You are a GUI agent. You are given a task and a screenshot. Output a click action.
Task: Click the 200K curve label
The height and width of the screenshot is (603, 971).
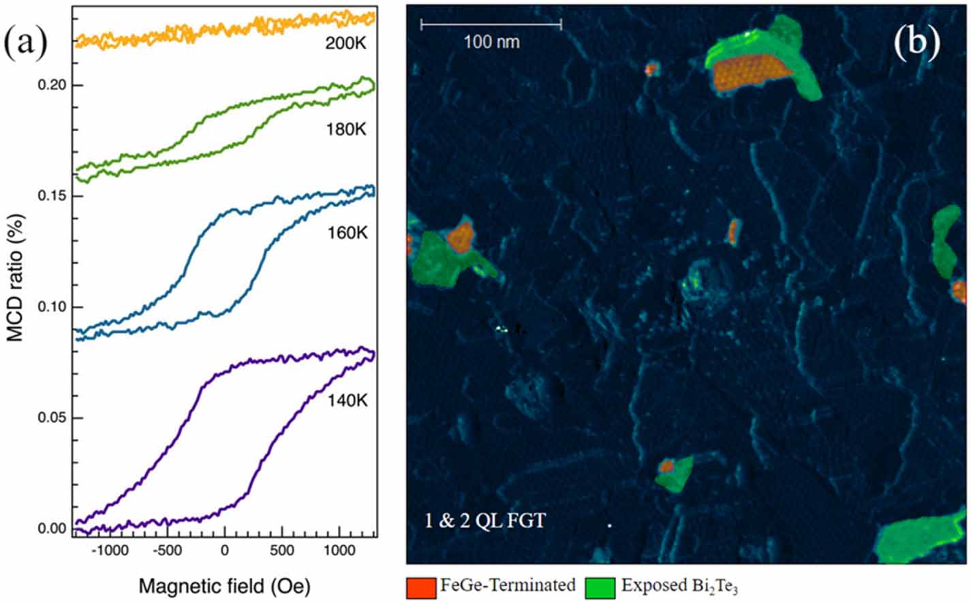(x=345, y=43)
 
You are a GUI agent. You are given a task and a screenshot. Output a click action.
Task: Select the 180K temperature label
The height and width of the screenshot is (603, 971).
(x=345, y=129)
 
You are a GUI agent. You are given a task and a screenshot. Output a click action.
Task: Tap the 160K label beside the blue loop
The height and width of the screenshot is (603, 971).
(x=346, y=233)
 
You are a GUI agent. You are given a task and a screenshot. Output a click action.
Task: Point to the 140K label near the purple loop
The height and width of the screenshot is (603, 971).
(x=347, y=400)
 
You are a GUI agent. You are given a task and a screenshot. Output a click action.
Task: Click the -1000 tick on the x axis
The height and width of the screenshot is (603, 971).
(x=110, y=551)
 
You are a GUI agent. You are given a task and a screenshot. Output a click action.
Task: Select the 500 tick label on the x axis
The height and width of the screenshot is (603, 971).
(x=281, y=551)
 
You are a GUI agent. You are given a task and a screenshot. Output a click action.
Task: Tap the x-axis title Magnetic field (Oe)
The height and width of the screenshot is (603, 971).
(x=224, y=586)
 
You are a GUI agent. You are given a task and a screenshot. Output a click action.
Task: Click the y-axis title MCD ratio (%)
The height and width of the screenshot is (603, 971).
(x=15, y=277)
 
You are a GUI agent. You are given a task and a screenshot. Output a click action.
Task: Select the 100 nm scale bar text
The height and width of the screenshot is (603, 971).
(x=491, y=42)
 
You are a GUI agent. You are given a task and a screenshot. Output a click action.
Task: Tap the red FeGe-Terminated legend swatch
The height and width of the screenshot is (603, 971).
(x=420, y=587)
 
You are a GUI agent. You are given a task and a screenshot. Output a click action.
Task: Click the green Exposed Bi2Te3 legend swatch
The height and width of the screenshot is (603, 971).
(x=600, y=587)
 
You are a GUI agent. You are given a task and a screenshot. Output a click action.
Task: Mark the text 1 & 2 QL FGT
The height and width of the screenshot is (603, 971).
(x=484, y=521)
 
